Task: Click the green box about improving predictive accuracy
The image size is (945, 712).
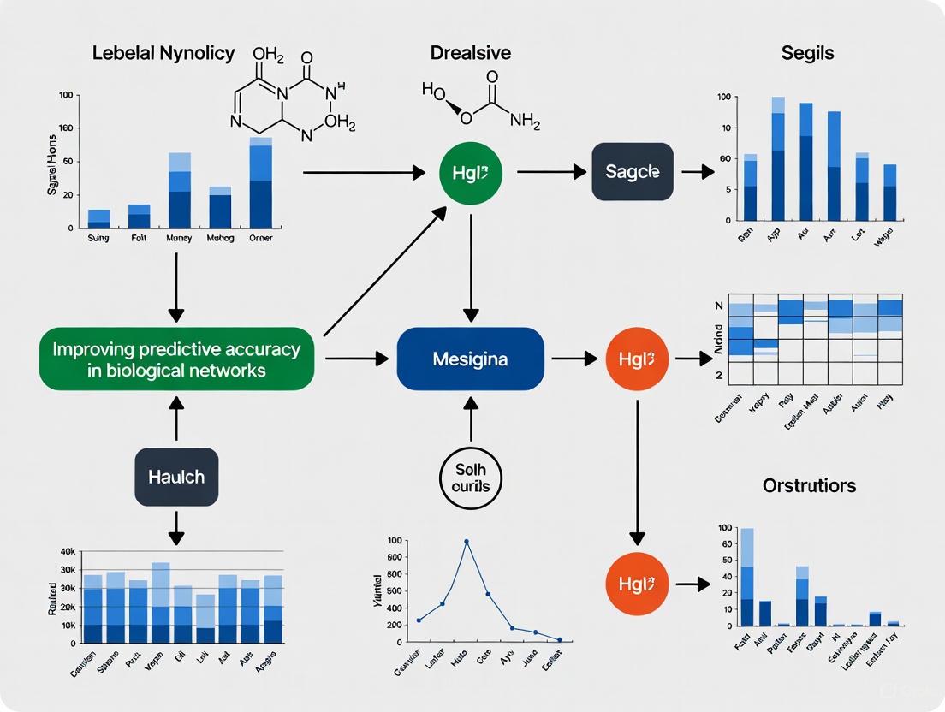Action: click(176, 359)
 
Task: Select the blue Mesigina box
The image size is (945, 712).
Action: click(470, 359)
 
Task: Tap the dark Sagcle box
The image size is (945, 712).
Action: click(633, 171)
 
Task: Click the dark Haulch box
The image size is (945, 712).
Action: click(175, 476)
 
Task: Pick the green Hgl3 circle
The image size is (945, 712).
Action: click(470, 172)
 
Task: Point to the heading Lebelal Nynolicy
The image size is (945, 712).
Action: click(163, 53)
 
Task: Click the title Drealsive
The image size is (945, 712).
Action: click(471, 53)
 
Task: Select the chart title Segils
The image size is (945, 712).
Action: click(807, 53)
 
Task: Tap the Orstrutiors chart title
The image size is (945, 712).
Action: click(809, 485)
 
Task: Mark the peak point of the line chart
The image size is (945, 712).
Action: click(467, 541)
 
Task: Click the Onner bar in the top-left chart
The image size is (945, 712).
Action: click(261, 182)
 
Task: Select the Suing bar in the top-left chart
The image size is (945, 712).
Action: click(99, 218)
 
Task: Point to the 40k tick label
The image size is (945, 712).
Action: click(68, 551)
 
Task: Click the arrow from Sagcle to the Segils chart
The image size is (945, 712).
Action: click(698, 172)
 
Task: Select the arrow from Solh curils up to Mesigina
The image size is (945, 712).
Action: click(470, 419)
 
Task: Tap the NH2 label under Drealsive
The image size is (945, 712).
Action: click(525, 121)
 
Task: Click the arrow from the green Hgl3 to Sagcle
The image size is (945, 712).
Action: click(547, 172)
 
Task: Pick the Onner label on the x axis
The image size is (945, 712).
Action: click(260, 238)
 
